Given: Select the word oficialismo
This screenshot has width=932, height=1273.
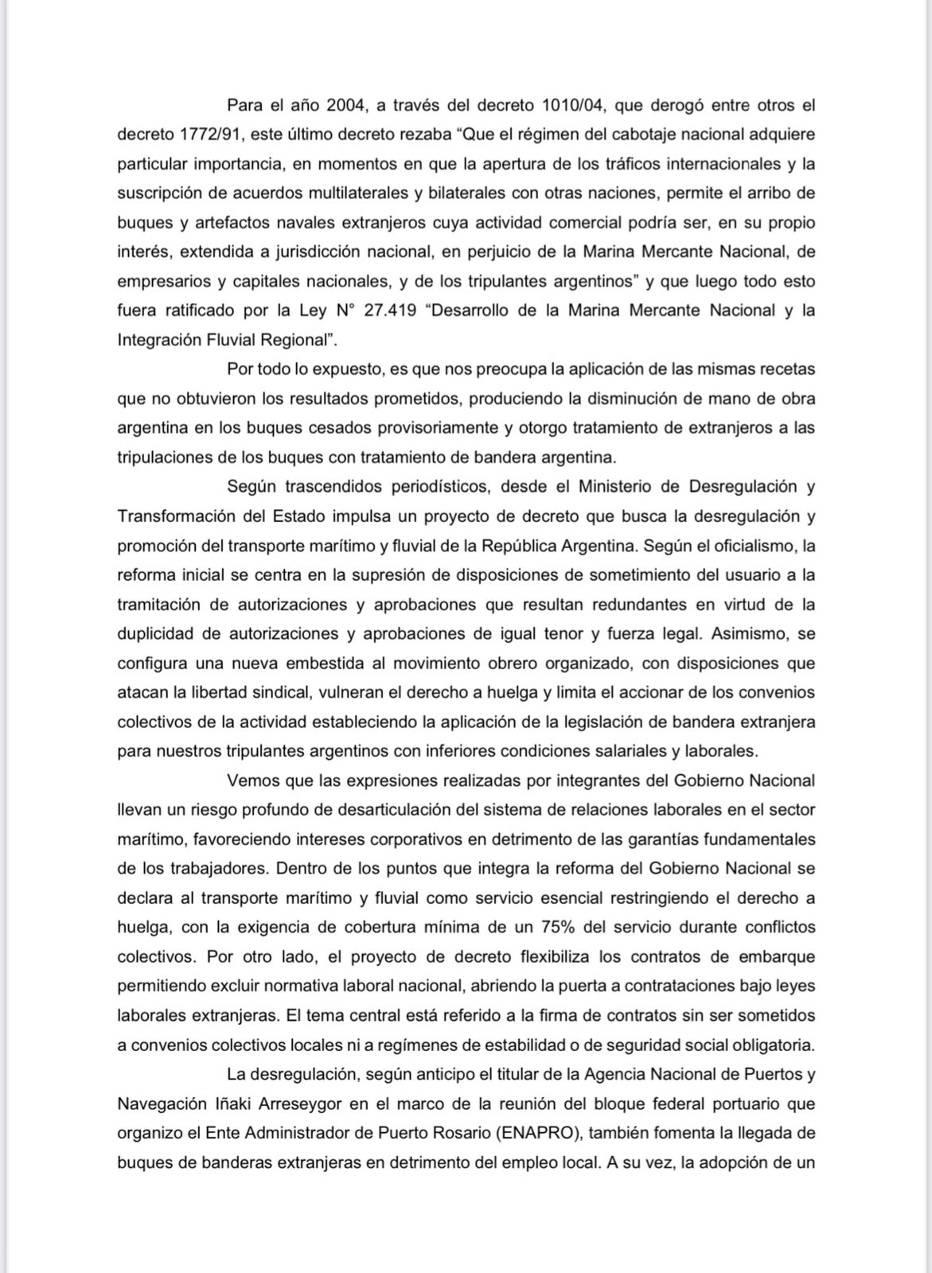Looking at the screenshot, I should [x=755, y=546].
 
